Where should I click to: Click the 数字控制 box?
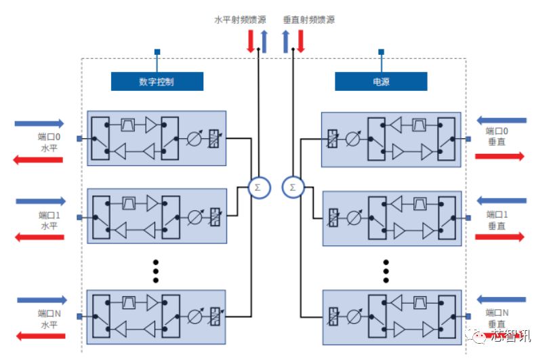tap(157, 81)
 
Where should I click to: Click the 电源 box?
tap(381, 81)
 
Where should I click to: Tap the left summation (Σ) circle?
tap(258, 186)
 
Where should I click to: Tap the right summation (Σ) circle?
tap(292, 186)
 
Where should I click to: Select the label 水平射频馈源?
tap(241, 20)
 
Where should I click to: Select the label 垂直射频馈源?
tap(309, 20)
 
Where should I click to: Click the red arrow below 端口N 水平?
tap(40, 335)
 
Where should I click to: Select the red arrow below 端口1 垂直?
tap(500, 237)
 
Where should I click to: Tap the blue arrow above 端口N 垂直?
tap(502, 299)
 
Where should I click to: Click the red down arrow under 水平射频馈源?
tap(250, 41)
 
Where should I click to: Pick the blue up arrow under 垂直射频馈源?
tap(287, 41)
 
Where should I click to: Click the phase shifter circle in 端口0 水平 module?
tap(194, 140)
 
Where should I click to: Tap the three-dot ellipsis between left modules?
tap(155, 271)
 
